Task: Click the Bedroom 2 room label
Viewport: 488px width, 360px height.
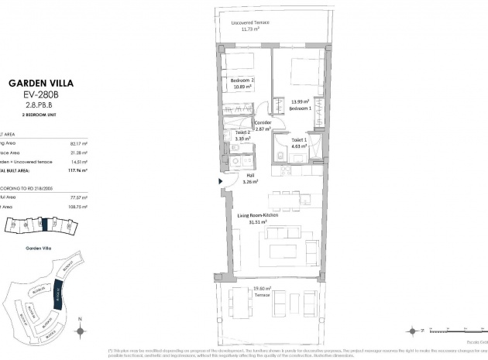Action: point(242,81)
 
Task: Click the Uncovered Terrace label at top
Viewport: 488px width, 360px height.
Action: point(250,22)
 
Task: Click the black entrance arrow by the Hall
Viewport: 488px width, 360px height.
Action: point(222,183)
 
